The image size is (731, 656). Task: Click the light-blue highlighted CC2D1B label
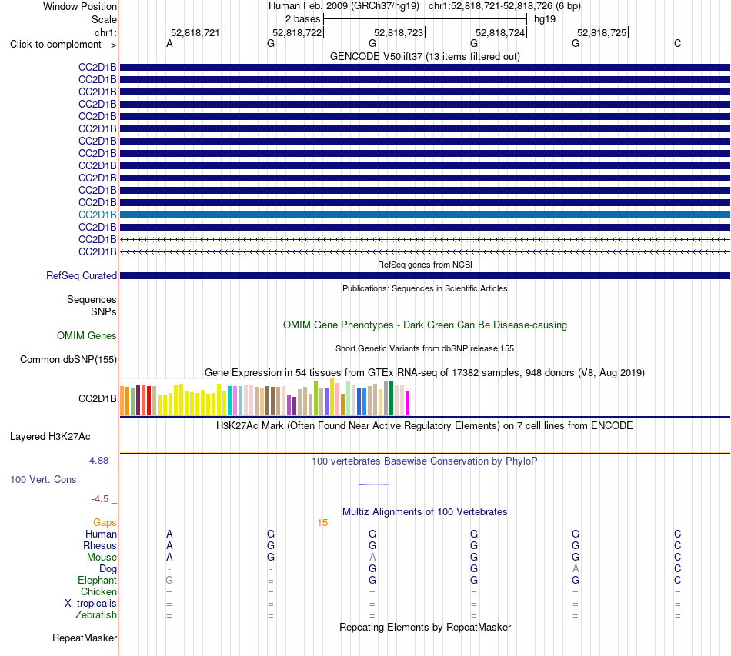click(x=98, y=215)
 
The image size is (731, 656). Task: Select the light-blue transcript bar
click(x=426, y=215)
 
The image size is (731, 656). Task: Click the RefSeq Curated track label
click(x=82, y=276)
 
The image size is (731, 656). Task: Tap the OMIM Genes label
click(x=87, y=335)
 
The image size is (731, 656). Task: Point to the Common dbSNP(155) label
click(x=68, y=360)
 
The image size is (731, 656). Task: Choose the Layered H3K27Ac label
click(x=50, y=437)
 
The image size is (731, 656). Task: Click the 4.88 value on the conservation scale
click(x=98, y=461)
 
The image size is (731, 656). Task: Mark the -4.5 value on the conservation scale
click(x=100, y=499)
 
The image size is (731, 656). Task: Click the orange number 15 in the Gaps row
click(x=322, y=523)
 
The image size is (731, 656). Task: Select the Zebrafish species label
click(x=96, y=615)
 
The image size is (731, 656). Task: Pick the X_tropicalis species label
click(x=91, y=604)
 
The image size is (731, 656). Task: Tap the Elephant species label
click(x=97, y=580)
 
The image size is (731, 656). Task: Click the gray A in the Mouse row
click(x=372, y=558)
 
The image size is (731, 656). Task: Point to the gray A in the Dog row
click(x=576, y=569)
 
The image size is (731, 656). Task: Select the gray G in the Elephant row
click(x=169, y=580)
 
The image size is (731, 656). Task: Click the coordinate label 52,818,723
click(x=399, y=32)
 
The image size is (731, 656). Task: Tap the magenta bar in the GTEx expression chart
click(x=408, y=404)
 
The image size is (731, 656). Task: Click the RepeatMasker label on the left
click(x=85, y=638)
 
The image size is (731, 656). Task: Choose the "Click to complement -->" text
click(x=63, y=45)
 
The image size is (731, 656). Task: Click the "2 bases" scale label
click(x=303, y=19)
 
